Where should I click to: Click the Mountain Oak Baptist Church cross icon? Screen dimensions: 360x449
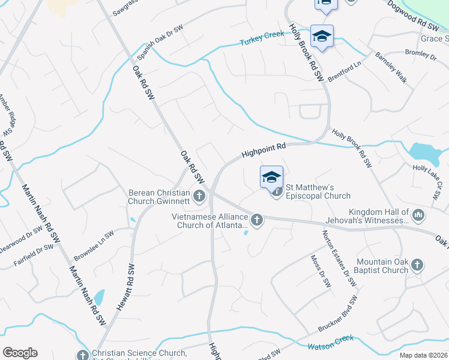click(x=417, y=265)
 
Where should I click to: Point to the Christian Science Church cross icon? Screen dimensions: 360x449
click(x=83, y=355)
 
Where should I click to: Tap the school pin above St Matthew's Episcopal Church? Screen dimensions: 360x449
click(x=271, y=177)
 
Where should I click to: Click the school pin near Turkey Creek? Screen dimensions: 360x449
click(x=322, y=37)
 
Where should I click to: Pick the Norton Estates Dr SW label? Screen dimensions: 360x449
click(x=337, y=258)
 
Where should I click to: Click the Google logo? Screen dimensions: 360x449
click(x=20, y=353)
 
